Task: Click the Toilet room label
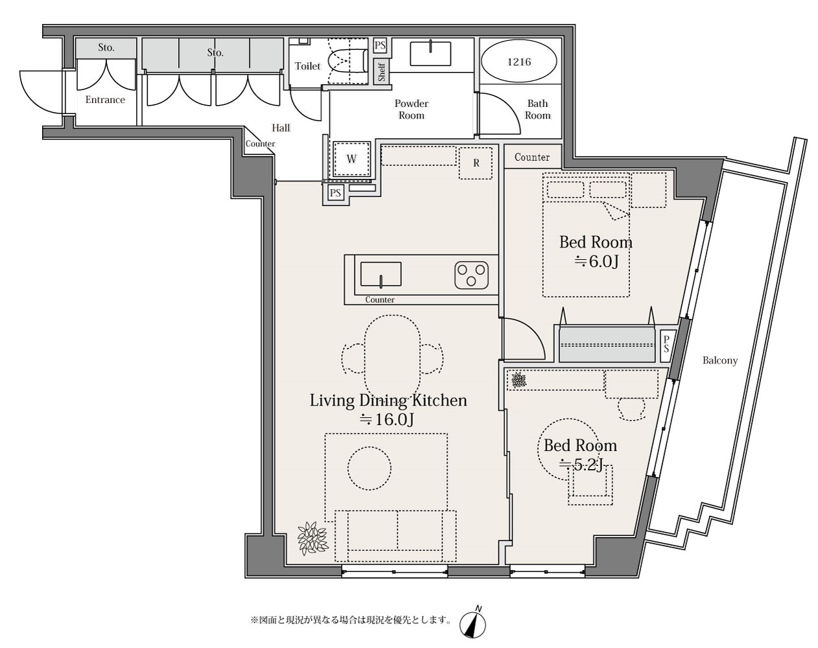coord(307,66)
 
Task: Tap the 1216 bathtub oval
coord(519,61)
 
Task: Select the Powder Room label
coord(412,109)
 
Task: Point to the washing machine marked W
coord(351,159)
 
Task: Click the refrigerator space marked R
coord(476,163)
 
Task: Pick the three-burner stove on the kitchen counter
coord(471,275)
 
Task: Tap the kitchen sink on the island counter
coord(380,274)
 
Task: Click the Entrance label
coord(105,100)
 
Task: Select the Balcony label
coord(720,360)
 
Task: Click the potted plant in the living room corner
coord(312,538)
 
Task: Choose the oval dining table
coord(392,358)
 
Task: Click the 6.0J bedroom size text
coord(597,262)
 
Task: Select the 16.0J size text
coord(387,420)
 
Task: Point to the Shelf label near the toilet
coord(382,72)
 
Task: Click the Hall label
coord(281,128)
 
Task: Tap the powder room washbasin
coord(430,54)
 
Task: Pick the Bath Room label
coord(537,109)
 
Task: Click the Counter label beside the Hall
coord(260,144)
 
